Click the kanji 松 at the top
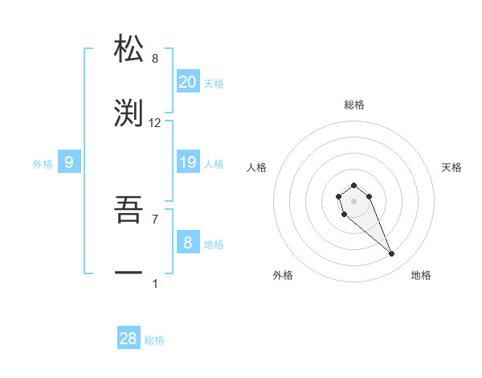coord(129,49)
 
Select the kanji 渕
coord(129,113)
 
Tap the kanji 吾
coord(129,210)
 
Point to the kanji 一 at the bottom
coord(129,274)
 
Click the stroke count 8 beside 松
coord(155,59)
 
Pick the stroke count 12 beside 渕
coord(155,123)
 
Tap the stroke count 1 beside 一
coord(155,283)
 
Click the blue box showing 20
coord(188,82)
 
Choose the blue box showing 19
coord(188,162)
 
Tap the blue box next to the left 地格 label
coord(188,243)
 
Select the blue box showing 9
coord(69,162)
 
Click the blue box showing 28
coord(129,339)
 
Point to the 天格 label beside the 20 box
coord(214,84)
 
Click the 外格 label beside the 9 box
coord(43,164)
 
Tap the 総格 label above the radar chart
coord(354,105)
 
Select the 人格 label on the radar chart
coord(257,167)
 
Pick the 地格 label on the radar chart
coord(421,275)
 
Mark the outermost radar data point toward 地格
coord(392,254)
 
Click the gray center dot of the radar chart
coord(354,200)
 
